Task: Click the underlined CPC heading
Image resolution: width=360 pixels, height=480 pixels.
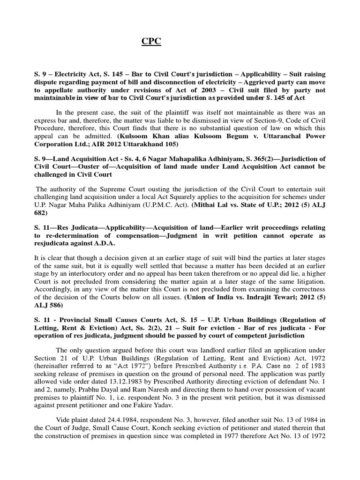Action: [151, 42]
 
